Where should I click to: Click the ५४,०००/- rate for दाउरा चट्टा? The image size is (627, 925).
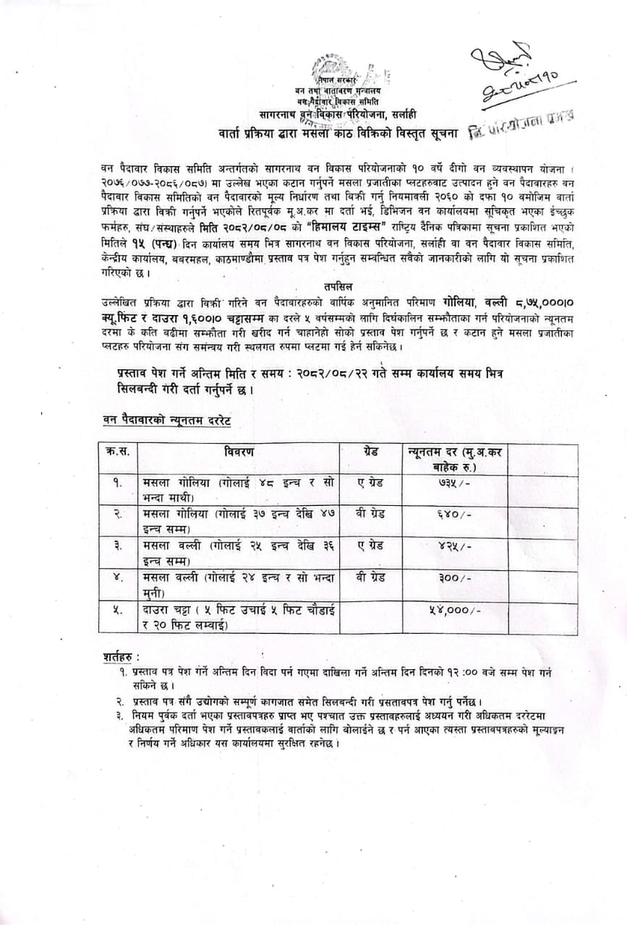454,610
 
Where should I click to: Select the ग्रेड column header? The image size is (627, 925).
370,452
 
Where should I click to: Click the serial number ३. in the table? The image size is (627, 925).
117,546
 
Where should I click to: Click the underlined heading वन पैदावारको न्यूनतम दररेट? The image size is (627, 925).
165,420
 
